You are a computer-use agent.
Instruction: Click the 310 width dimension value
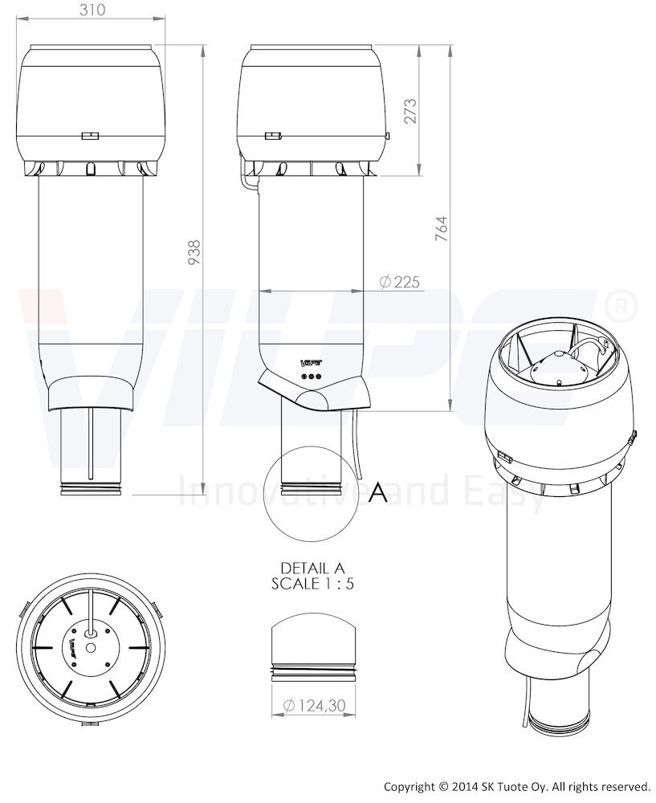pyautogui.click(x=92, y=9)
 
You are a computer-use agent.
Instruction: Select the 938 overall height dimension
pyautogui.click(x=194, y=252)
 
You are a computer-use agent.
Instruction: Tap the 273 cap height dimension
pyautogui.click(x=411, y=111)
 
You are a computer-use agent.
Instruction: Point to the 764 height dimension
pyautogui.click(x=442, y=229)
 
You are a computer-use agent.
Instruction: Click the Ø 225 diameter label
pyautogui.click(x=400, y=281)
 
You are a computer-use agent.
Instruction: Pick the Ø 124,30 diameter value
pyautogui.click(x=315, y=706)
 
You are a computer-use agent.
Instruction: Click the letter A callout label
pyautogui.click(x=378, y=492)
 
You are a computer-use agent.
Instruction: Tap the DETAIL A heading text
pyautogui.click(x=313, y=568)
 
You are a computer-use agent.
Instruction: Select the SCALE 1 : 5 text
pyautogui.click(x=313, y=584)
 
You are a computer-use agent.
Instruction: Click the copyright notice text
pyautogui.click(x=517, y=786)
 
